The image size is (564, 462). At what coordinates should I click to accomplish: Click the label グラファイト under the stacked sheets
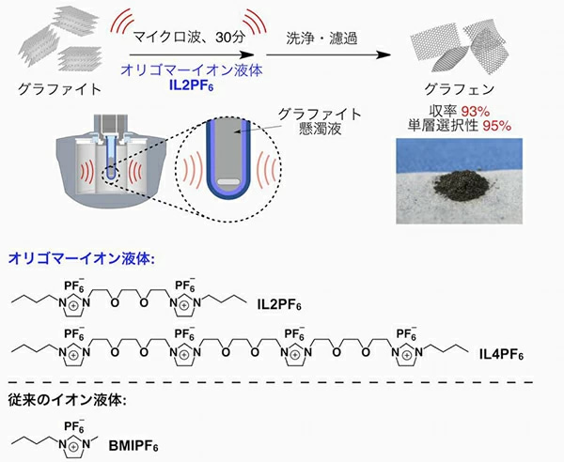coord(59,89)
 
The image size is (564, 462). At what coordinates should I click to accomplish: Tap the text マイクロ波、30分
coord(190,38)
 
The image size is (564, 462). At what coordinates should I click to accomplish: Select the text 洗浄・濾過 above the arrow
coord(321,38)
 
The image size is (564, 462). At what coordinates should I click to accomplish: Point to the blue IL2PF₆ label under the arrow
coord(192,85)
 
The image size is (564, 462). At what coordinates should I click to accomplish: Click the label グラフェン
coord(460,89)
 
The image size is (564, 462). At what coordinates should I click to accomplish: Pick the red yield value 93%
coord(476,112)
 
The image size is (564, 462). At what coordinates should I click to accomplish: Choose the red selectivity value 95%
coord(496,126)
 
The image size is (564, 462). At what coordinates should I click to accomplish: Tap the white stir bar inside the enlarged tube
coord(228,182)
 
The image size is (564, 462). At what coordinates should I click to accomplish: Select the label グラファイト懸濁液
coord(320,121)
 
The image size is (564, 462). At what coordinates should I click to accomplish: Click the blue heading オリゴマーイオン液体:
coord(81,258)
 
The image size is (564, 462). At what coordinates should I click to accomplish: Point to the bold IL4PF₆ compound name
coord(501,355)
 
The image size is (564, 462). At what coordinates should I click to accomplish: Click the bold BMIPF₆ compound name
coord(133,446)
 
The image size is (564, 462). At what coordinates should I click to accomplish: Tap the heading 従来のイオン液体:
coord(68,400)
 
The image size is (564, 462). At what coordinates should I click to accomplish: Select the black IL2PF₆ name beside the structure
coord(279,305)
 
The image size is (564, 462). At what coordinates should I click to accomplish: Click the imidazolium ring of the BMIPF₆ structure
coord(73,447)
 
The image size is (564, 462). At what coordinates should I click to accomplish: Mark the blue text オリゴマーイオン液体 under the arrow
coord(192,70)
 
